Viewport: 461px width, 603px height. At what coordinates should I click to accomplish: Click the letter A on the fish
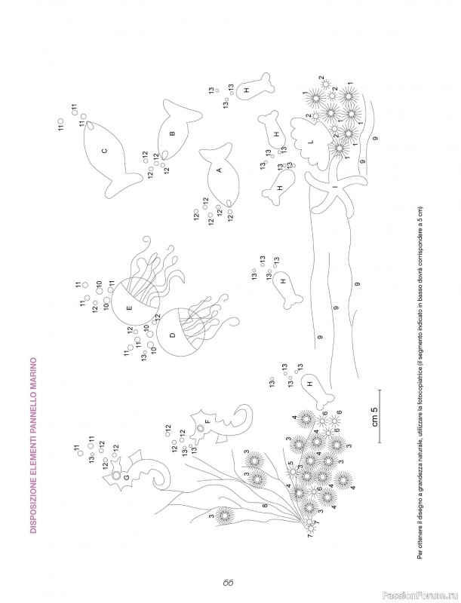tap(220, 170)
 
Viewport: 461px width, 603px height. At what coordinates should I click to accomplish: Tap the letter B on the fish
tap(172, 133)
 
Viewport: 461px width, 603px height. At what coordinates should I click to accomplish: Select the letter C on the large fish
tap(104, 152)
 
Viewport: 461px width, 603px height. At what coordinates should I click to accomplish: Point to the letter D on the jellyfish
tap(172, 335)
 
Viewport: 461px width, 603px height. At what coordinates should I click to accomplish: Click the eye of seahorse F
tap(201, 428)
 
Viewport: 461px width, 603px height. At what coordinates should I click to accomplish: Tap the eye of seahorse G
tap(116, 476)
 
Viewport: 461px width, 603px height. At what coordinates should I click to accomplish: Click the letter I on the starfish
tap(335, 187)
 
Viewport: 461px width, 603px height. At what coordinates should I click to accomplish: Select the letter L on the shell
tap(312, 142)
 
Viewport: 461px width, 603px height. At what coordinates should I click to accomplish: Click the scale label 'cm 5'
tap(375, 416)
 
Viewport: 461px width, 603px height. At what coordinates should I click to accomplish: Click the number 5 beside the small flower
tap(290, 464)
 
